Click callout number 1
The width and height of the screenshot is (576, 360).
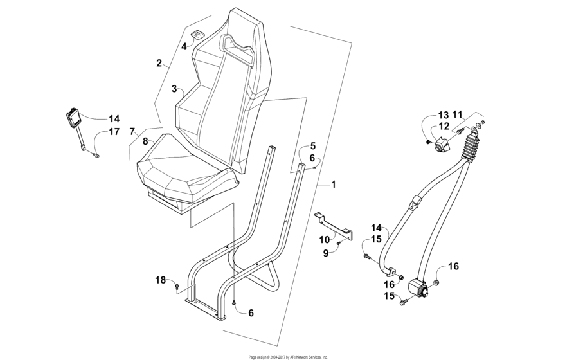[334, 184]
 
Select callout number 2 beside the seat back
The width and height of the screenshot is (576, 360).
[159, 63]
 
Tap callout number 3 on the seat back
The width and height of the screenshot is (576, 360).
[174, 89]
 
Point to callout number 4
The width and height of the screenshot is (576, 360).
[183, 46]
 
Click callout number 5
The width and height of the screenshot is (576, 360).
[313, 146]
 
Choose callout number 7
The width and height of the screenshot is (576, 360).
[132, 132]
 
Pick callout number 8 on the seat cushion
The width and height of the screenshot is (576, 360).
[145, 141]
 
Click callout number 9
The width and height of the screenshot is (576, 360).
[326, 253]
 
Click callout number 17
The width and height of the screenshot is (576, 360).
[114, 132]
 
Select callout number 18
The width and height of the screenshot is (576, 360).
[161, 279]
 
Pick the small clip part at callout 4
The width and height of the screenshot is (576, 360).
[197, 37]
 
